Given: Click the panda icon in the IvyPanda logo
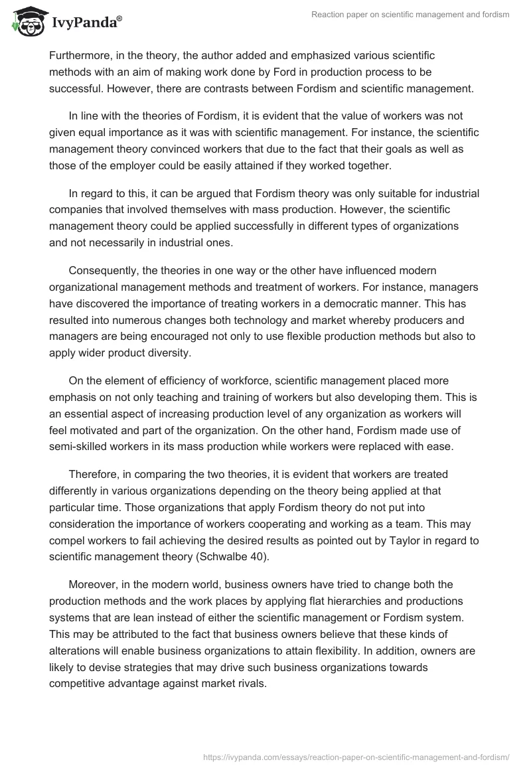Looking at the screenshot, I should (x=27, y=22).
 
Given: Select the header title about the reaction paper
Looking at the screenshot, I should (x=410, y=15).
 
